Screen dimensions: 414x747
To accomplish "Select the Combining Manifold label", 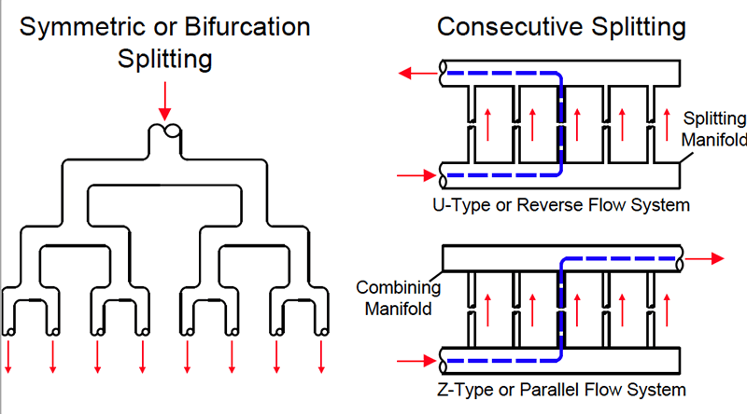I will (x=392, y=297).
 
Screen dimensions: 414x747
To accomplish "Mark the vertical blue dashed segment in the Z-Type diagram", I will (x=561, y=308).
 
